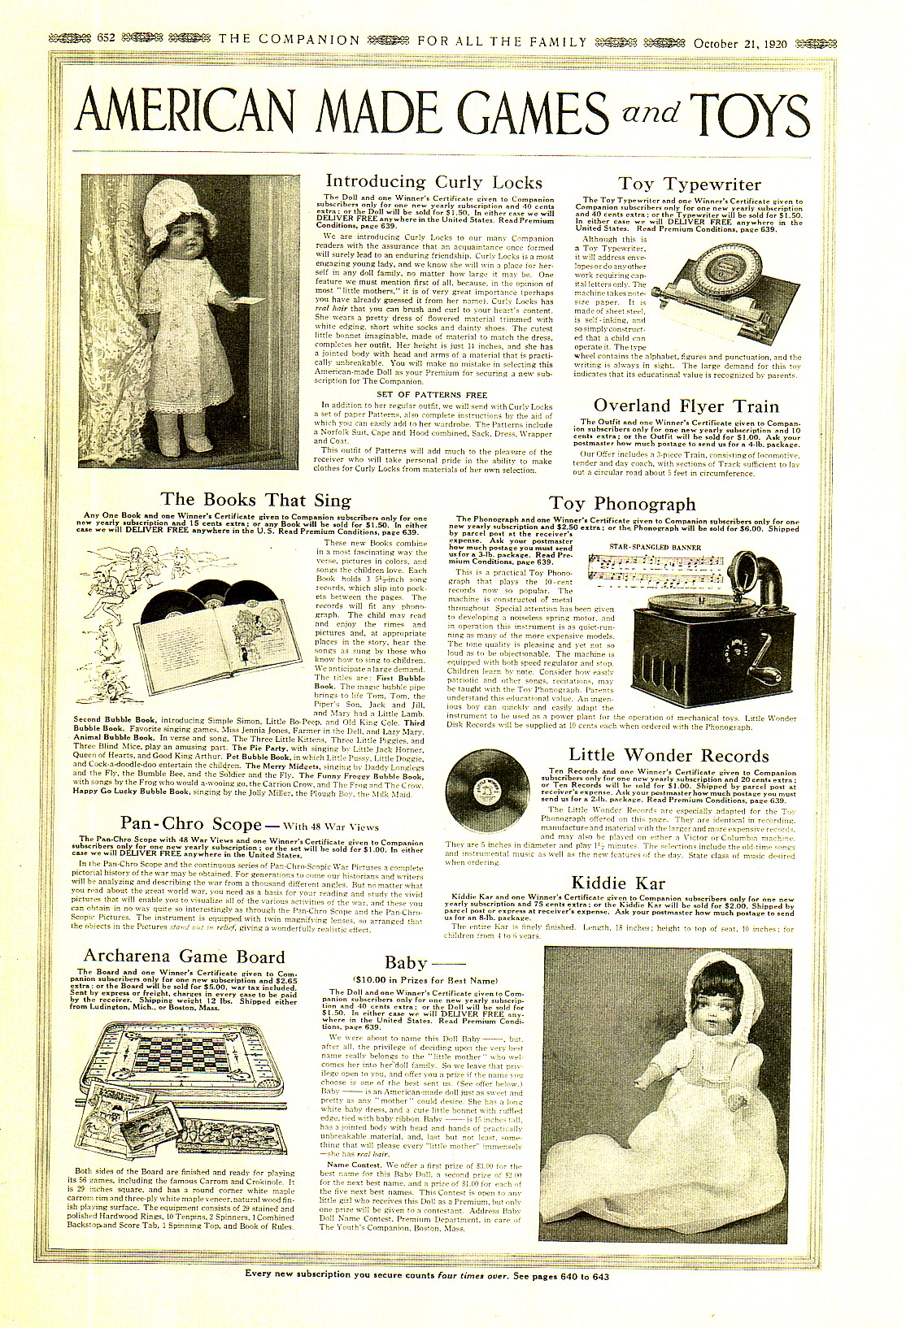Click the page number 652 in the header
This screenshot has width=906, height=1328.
(108, 40)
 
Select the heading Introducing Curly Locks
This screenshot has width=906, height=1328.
(433, 181)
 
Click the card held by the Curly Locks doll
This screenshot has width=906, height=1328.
(249, 302)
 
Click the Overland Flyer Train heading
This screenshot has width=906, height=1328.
(686, 406)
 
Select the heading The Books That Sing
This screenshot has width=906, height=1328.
(256, 499)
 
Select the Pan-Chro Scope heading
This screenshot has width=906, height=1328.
(192, 823)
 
